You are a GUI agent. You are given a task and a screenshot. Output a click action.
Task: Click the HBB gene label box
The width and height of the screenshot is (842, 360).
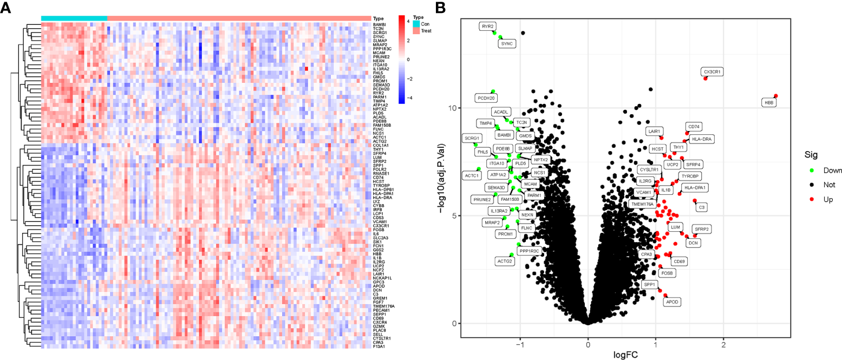(x=768, y=102)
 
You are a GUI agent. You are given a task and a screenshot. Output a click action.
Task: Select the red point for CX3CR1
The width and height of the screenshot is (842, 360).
(x=706, y=78)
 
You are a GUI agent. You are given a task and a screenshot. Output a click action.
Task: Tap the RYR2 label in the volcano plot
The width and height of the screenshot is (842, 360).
(x=487, y=26)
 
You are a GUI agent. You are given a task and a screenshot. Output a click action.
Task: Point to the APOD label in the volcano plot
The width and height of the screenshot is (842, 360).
(x=672, y=302)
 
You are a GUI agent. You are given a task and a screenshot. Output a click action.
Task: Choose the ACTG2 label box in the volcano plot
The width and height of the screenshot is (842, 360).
(x=504, y=261)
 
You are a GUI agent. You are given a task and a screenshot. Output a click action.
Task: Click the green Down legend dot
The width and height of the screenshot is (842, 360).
(x=811, y=170)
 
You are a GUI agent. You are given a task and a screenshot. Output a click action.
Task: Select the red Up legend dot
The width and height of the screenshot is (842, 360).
(x=811, y=200)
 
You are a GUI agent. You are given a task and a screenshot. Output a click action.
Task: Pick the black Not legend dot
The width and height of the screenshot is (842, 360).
(x=811, y=185)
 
